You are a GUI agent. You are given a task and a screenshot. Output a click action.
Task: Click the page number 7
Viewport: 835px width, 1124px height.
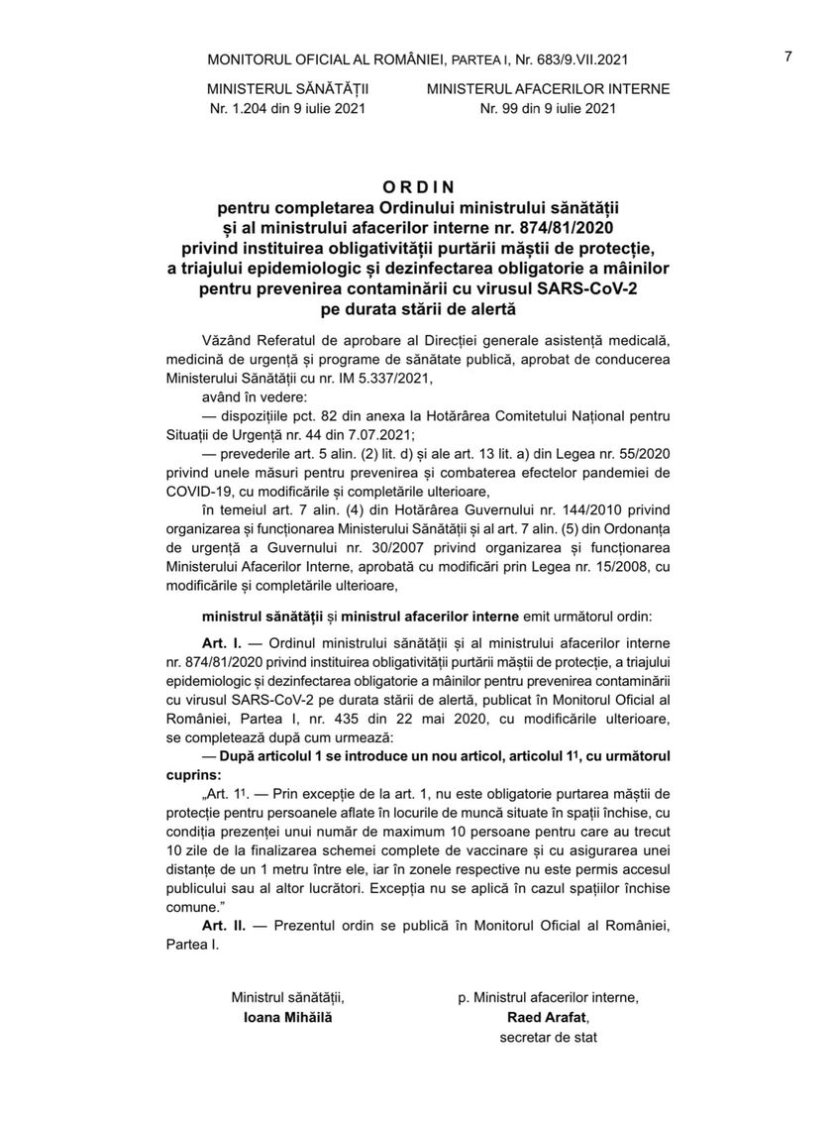(x=787, y=56)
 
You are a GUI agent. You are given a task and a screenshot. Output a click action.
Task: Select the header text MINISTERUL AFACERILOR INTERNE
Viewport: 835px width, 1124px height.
(x=548, y=88)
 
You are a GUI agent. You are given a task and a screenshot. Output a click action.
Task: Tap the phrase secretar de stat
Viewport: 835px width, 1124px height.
(x=549, y=1038)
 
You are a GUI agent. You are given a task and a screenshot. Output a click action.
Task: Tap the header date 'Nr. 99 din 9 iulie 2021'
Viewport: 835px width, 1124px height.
(x=548, y=108)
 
